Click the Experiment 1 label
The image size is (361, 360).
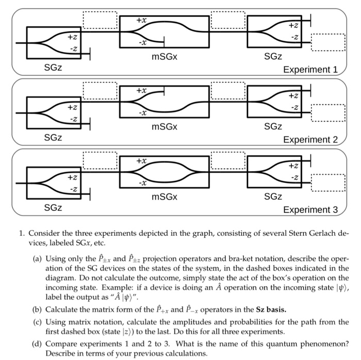tap(309, 70)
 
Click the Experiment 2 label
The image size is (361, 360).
tap(309, 140)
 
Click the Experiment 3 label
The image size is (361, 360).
tap(309, 210)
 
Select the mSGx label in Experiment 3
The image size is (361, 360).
tap(165, 197)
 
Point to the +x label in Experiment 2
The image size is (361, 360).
tap(141, 90)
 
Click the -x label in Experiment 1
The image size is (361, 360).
tap(141, 43)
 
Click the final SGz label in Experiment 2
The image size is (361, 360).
tap(273, 126)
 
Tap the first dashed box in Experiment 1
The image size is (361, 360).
tap(100, 20)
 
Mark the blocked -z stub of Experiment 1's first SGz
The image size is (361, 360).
tap(91, 52)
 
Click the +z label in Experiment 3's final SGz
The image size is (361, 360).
tap(292, 166)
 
